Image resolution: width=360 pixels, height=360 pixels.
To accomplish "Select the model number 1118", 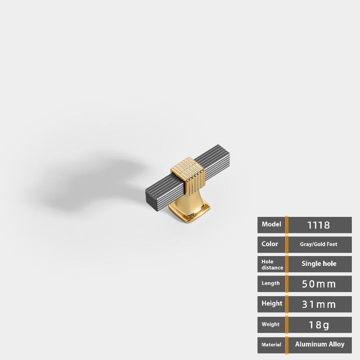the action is click(319, 225).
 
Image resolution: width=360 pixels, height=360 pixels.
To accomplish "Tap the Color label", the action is click(270, 244).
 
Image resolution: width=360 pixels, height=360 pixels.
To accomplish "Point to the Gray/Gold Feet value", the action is click(319, 244).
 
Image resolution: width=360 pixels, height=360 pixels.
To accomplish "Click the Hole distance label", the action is click(272, 265).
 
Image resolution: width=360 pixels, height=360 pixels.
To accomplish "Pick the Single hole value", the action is click(319, 264).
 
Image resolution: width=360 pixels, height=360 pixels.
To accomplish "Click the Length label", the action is click(271, 283).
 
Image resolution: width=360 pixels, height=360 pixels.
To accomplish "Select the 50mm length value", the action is click(319, 284).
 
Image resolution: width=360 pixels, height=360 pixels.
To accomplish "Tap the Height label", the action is click(272, 303).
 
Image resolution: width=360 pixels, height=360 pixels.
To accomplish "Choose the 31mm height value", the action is click(319, 305).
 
